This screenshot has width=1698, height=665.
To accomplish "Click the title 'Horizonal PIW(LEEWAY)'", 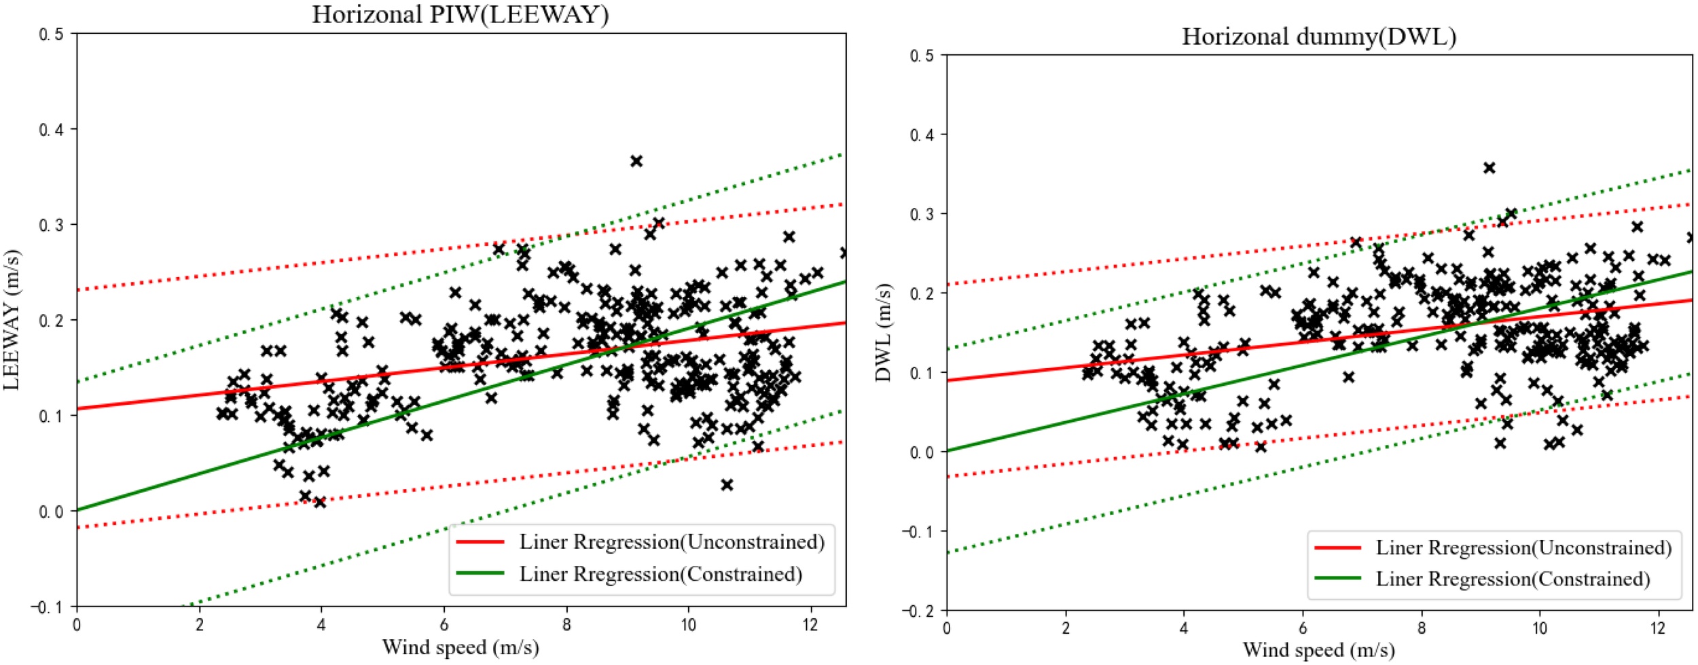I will tap(460, 14).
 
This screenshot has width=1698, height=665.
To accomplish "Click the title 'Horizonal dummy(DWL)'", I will tap(1318, 36).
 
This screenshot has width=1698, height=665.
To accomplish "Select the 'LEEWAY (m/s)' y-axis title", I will tap(12, 320).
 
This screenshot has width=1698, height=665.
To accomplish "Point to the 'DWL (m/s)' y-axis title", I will tap(882, 332).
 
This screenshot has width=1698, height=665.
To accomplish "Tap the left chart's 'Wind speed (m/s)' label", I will tap(460, 647).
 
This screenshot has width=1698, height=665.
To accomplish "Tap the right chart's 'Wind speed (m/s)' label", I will tap(1318, 650).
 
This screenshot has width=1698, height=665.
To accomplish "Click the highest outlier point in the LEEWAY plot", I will tap(636, 161).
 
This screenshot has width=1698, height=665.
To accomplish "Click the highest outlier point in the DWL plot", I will tap(1489, 168).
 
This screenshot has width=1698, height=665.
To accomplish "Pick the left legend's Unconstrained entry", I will tap(672, 542).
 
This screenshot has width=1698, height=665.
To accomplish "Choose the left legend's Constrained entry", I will tap(660, 574).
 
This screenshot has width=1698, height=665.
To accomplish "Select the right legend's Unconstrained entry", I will tap(1523, 547).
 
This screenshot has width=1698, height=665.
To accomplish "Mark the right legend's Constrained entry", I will tap(1513, 579).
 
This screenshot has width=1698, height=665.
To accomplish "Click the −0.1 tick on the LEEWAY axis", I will tap(47, 607).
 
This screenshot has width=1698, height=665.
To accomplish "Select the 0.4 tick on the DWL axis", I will tap(922, 134).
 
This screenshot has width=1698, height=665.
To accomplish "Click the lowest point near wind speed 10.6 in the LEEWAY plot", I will tap(727, 484).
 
